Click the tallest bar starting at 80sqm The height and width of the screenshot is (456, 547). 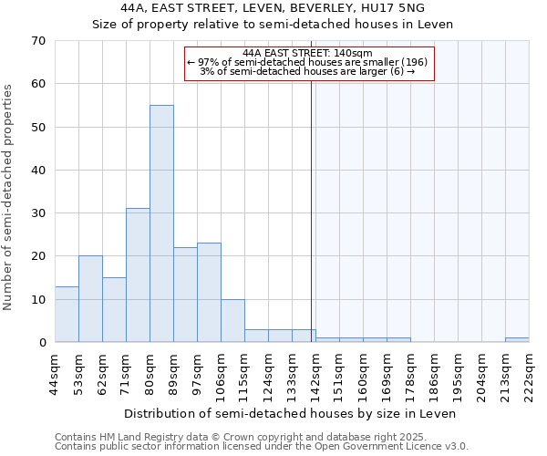coord(161,223)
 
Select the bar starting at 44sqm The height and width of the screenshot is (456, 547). coord(67,315)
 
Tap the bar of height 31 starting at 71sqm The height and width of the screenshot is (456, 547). coord(138,275)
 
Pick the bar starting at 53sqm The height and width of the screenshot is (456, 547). coord(90,299)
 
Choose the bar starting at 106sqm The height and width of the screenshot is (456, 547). coord(232,321)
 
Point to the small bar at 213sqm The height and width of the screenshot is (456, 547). coord(517,340)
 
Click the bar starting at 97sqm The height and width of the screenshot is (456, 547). coord(209,293)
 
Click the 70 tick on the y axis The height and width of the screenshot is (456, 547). coord(38,41)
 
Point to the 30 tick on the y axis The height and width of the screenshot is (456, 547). coord(38,213)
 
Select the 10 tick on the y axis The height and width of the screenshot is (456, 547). coord(38,299)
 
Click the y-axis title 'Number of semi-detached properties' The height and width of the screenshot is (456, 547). coord(9,197)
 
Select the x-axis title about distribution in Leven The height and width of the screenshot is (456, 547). coord(290,413)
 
